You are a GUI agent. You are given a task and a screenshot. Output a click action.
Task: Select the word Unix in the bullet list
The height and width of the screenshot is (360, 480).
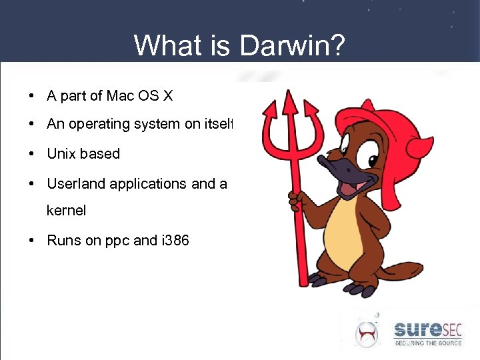pos(61,153)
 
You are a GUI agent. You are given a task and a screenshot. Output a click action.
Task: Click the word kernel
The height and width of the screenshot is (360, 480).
pos(66,211)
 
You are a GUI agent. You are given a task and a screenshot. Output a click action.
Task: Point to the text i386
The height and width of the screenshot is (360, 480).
pos(175,240)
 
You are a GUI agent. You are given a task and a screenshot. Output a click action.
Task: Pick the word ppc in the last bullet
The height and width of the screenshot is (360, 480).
pos(117,241)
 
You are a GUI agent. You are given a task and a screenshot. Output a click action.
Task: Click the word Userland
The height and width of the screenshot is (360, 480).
pos(76,183)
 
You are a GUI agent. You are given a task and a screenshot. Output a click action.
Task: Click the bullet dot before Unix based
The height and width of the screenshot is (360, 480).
pos(32,154)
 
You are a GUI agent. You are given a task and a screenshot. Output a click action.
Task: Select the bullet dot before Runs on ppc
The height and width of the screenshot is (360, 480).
pos(32,241)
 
